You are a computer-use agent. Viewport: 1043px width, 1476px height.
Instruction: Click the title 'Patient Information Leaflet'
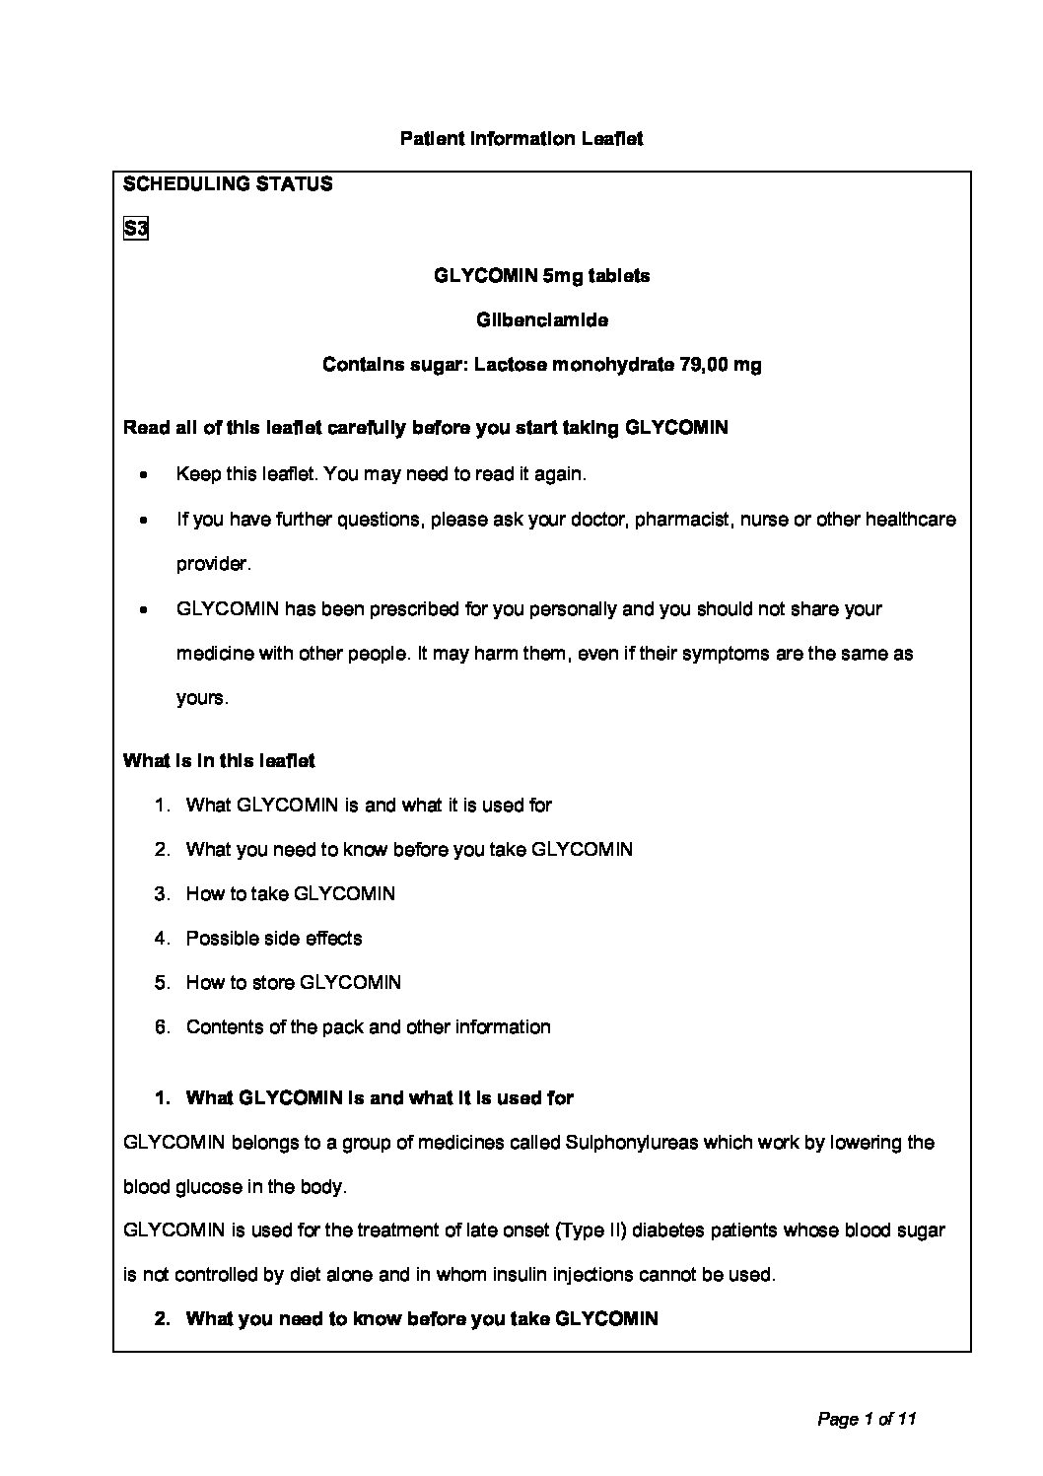point(521,139)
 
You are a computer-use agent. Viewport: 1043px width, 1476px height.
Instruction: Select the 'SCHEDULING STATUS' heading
point(228,184)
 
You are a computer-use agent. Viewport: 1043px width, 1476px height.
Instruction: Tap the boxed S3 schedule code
point(135,230)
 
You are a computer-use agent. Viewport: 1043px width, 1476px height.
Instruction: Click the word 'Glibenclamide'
point(542,320)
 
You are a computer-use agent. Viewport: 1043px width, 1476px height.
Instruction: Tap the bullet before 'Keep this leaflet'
point(145,475)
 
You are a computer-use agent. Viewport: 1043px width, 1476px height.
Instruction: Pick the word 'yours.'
point(202,698)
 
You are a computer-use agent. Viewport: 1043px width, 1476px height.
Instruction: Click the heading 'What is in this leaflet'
point(219,761)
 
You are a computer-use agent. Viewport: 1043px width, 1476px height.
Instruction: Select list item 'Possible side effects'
point(274,939)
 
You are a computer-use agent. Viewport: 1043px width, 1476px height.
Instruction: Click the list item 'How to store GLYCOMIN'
point(294,983)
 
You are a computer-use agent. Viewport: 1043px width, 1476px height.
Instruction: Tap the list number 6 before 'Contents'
point(163,1027)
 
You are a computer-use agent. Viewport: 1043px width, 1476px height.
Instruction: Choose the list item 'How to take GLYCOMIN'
point(291,894)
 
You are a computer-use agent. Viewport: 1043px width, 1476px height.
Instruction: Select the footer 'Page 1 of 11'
point(868,1420)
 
